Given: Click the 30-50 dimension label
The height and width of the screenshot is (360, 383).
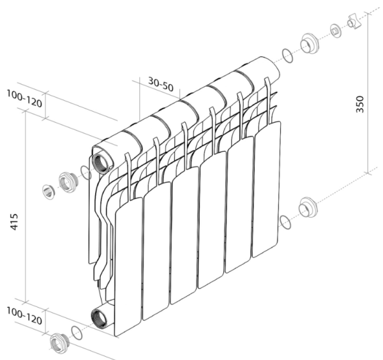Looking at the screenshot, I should (160, 84).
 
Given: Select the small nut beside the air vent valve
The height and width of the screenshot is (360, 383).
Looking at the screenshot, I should (336, 31).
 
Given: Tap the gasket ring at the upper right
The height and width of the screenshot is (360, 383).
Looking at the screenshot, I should (288, 56).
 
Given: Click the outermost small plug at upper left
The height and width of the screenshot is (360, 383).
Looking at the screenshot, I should (48, 190).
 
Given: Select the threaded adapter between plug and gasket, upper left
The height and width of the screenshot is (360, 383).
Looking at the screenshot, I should (66, 181).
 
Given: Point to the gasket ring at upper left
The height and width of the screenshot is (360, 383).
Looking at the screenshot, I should (86, 172).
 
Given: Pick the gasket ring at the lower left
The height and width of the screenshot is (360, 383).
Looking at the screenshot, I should (77, 333).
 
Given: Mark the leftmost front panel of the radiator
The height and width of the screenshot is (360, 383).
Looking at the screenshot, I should (128, 265).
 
